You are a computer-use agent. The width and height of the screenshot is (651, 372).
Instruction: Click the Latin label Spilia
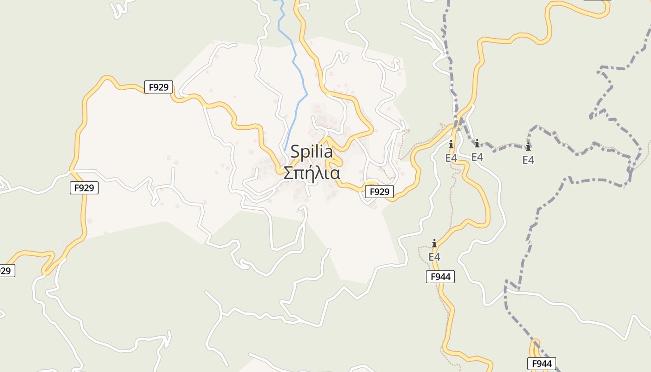[x=312, y=152]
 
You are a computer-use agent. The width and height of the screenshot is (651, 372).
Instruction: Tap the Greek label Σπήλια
[x=312, y=173]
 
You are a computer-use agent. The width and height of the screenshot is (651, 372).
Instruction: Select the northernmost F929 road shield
[x=159, y=87]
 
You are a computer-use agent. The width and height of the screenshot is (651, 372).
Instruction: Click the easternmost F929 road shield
[x=379, y=192]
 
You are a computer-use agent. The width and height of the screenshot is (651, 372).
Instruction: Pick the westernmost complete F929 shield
[x=84, y=188]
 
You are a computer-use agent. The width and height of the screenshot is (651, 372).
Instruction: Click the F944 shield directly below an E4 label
[x=440, y=277]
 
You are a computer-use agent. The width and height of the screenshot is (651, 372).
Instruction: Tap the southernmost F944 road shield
[x=542, y=364]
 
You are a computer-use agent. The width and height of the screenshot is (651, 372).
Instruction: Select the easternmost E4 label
[x=528, y=160]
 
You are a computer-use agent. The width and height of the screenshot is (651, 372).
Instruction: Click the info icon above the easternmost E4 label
[x=528, y=147]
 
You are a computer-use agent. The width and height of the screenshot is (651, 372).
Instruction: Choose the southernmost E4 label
[x=434, y=257]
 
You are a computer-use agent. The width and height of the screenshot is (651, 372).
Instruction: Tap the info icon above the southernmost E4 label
[x=434, y=243]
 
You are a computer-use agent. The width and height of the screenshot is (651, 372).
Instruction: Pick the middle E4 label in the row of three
[x=477, y=157]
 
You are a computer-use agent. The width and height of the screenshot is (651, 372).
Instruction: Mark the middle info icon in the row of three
[x=477, y=143]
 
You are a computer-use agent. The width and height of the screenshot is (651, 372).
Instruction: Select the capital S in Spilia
[x=295, y=152]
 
